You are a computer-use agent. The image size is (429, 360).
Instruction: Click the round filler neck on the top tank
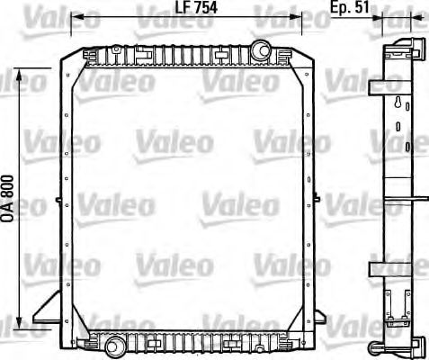coord(260,49)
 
